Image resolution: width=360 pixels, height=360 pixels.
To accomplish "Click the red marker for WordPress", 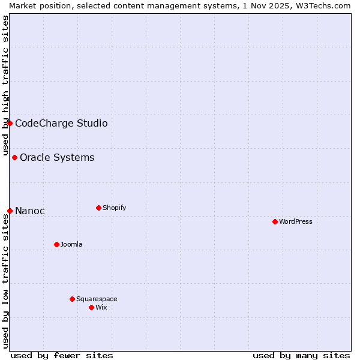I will tap(275, 221).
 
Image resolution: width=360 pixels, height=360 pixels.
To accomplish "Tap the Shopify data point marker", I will tap(98, 208).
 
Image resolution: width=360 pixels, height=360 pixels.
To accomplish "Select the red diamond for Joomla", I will tap(56, 244).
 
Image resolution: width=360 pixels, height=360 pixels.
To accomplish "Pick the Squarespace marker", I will tap(72, 299).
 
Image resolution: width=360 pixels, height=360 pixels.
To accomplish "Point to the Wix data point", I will tap(91, 307).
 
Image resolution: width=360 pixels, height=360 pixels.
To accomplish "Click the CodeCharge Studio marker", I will tap(10, 123).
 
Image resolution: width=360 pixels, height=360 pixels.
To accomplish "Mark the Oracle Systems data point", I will tap(14, 157).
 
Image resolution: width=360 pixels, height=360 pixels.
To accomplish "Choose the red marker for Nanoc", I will tap(10, 211).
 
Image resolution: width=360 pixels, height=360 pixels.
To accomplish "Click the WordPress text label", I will tap(296, 221).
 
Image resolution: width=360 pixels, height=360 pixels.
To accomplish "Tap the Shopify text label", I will tap(115, 208).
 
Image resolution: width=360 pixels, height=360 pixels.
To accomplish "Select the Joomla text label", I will tap(71, 244).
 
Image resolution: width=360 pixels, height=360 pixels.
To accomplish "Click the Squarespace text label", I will tap(97, 299).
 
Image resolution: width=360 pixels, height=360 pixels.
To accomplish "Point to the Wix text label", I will tap(101, 307).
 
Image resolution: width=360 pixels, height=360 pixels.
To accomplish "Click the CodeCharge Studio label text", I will tap(61, 123).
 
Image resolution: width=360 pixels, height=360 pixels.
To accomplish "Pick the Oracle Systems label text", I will tap(57, 157).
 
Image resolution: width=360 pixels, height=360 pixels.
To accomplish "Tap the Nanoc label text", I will tap(30, 211).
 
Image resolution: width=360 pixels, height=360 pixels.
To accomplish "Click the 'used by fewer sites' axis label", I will tap(62, 355).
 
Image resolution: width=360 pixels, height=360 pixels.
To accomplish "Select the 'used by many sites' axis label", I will tap(301, 355).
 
